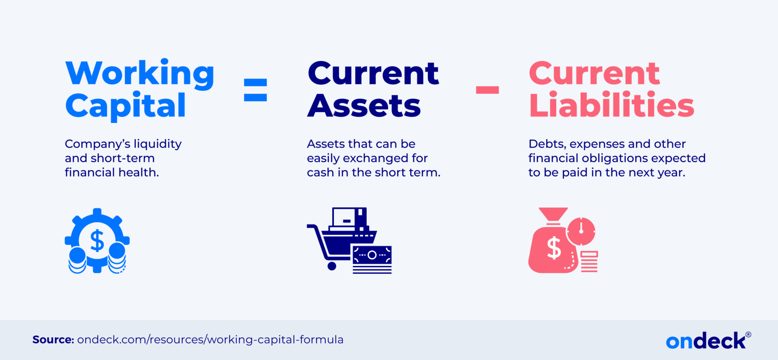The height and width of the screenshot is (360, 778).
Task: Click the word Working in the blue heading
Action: click(140, 74)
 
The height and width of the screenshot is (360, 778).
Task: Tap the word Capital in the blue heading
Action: click(126, 105)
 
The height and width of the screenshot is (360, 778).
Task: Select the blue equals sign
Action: click(255, 90)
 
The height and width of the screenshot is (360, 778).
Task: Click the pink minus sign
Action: click(487, 90)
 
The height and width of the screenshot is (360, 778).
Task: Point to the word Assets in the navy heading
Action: click(364, 105)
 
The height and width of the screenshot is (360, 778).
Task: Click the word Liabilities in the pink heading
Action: click(611, 105)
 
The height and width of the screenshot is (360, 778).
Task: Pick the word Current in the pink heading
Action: click(594, 74)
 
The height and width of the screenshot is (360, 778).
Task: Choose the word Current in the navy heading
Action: click(373, 74)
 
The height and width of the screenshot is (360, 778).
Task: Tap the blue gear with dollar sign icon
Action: click(97, 241)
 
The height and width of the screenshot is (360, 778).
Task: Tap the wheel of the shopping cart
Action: click(332, 266)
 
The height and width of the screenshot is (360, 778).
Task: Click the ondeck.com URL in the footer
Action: click(210, 340)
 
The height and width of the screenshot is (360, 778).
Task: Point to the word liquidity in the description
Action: click(158, 144)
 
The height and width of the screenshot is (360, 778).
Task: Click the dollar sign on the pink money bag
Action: click(554, 248)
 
